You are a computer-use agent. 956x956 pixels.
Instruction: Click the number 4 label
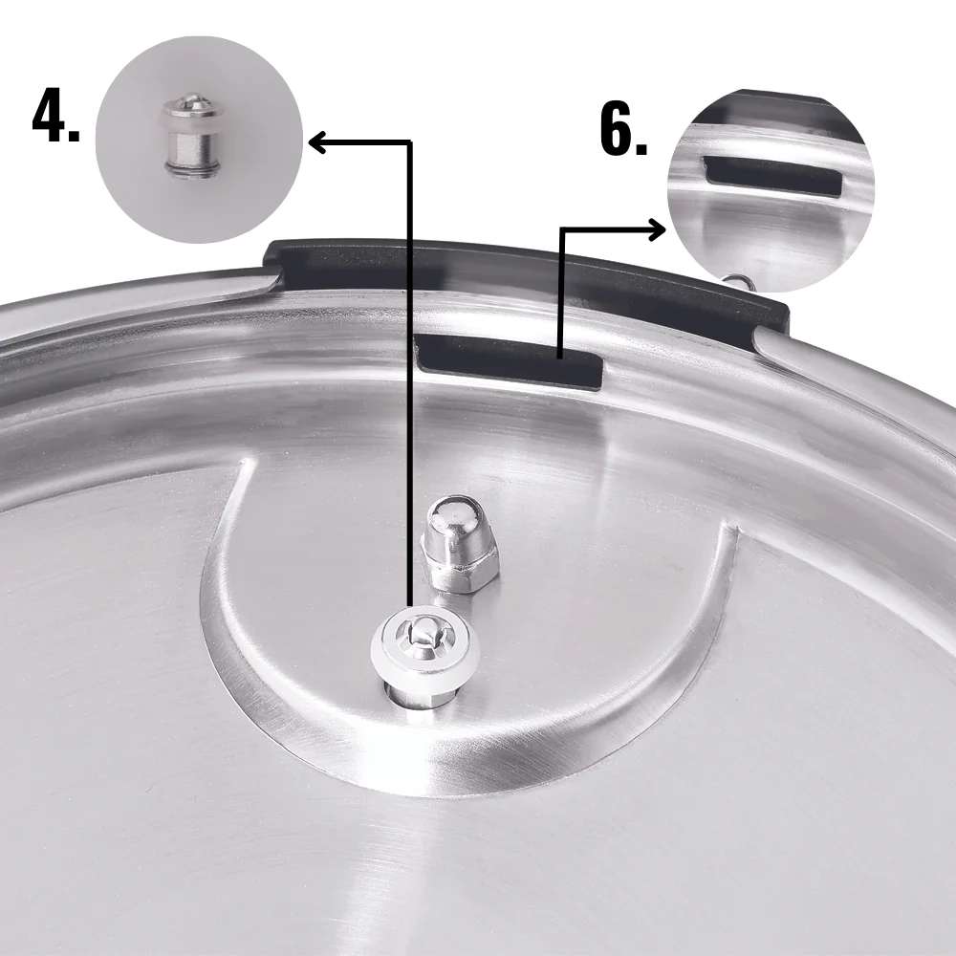click(54, 118)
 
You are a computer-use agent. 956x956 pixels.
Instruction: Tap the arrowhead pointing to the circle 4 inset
click(317, 143)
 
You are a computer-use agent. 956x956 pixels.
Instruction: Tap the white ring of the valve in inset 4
click(190, 122)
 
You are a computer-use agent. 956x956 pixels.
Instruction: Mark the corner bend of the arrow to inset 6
click(561, 229)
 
